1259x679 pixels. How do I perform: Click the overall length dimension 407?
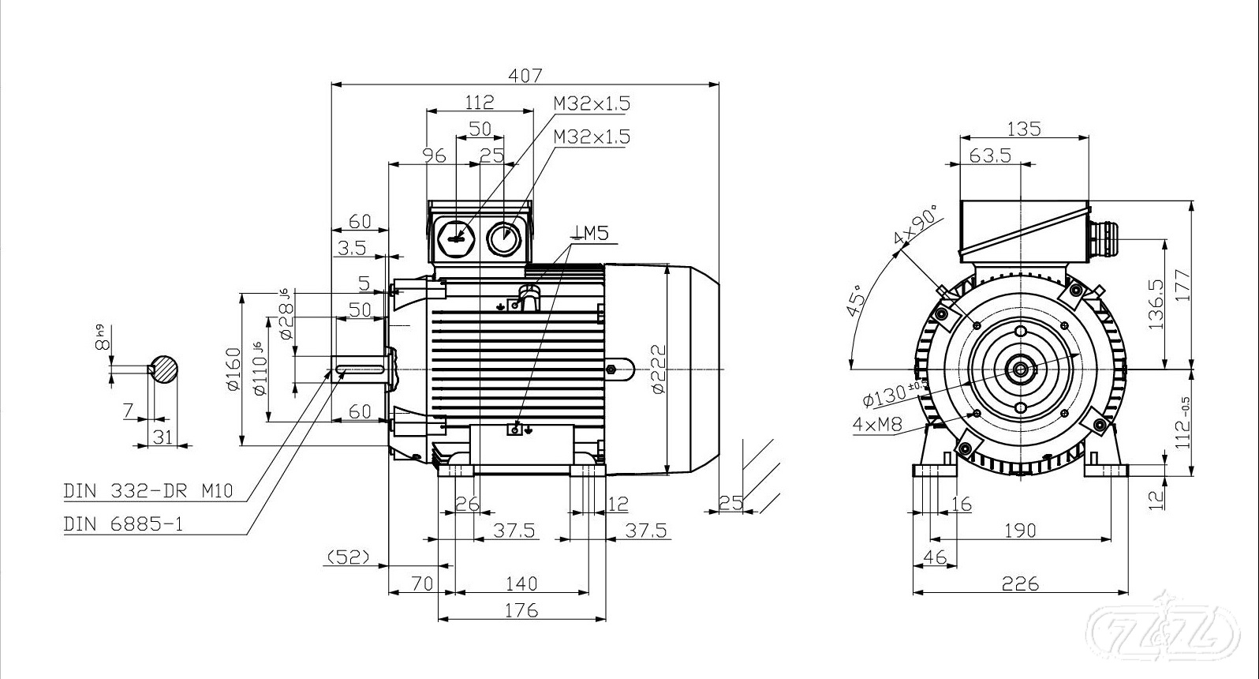coord(525,75)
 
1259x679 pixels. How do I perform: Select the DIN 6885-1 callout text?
coord(123,524)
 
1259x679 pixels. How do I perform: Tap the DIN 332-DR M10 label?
coord(148,491)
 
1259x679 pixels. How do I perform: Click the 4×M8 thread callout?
coord(877,424)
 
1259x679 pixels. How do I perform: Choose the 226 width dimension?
coord(1020,583)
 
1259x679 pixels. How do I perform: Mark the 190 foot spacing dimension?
coord(1020,531)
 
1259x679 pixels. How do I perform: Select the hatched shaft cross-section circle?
coord(164,369)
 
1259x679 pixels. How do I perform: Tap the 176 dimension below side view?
coord(521,610)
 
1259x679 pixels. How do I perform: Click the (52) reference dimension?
coord(348,557)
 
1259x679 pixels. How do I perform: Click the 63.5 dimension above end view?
coord(990,156)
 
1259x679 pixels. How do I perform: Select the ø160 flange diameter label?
coord(233,369)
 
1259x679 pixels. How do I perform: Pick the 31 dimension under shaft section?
coord(163,437)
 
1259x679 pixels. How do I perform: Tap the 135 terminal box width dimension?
coord(1024,128)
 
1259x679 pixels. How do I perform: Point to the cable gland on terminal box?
coord(1104,235)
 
